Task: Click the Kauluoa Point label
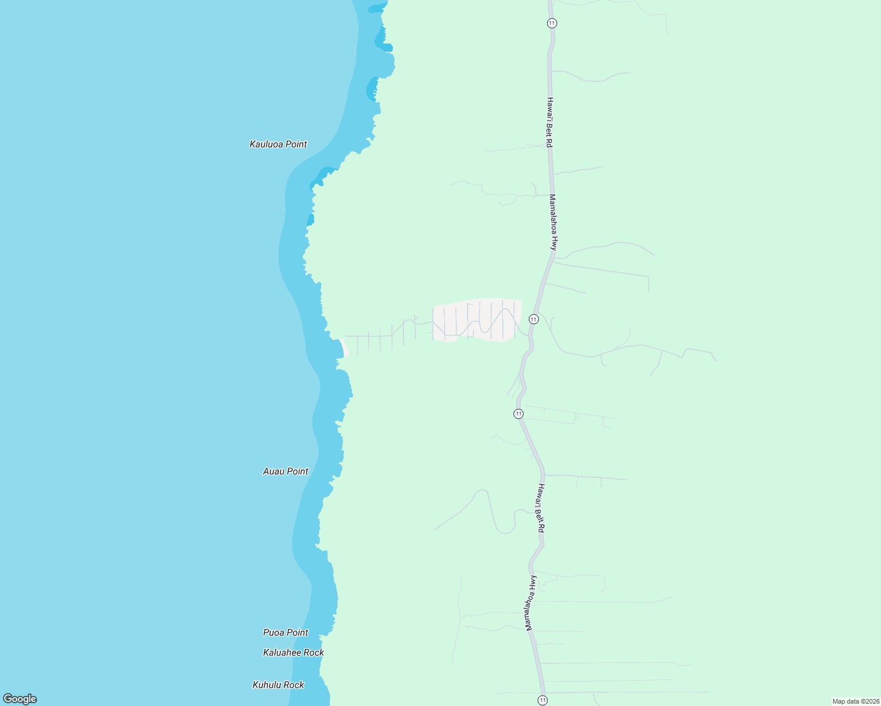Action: [x=278, y=144]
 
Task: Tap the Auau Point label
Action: [x=286, y=471]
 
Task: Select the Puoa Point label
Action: [x=286, y=632]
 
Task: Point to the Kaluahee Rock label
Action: [x=293, y=652]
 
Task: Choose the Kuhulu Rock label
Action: [x=279, y=685]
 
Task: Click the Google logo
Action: [x=20, y=699]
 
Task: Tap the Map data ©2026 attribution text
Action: [x=856, y=701]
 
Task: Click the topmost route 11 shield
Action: [x=551, y=23]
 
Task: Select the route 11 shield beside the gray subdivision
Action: [x=534, y=319]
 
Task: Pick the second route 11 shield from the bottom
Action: [x=518, y=414]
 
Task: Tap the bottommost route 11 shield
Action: [x=542, y=700]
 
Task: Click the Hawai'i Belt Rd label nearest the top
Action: [x=549, y=122]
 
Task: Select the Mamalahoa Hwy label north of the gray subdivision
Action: [x=553, y=222]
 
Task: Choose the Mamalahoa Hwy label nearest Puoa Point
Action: [x=532, y=603]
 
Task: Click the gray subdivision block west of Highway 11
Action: [x=477, y=320]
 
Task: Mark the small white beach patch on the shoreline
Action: [x=345, y=348]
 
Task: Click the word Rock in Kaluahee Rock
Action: [x=313, y=652]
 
